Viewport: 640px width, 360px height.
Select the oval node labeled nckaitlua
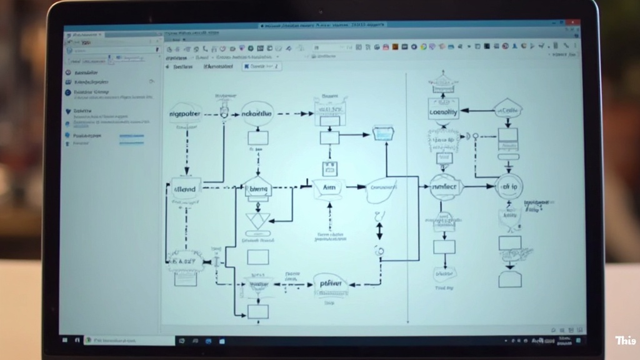257,114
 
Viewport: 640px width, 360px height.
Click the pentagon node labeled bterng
257,187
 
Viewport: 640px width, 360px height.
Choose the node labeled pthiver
330,284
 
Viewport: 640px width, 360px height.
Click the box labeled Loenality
444,112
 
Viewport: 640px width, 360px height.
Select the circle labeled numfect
444,186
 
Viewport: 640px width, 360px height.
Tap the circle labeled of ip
509,186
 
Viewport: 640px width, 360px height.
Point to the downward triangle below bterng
257,220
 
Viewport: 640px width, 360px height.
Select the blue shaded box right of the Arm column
382,133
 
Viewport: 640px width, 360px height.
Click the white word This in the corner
625,341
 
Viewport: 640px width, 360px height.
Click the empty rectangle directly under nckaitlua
257,137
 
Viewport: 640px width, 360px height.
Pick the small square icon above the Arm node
329,167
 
